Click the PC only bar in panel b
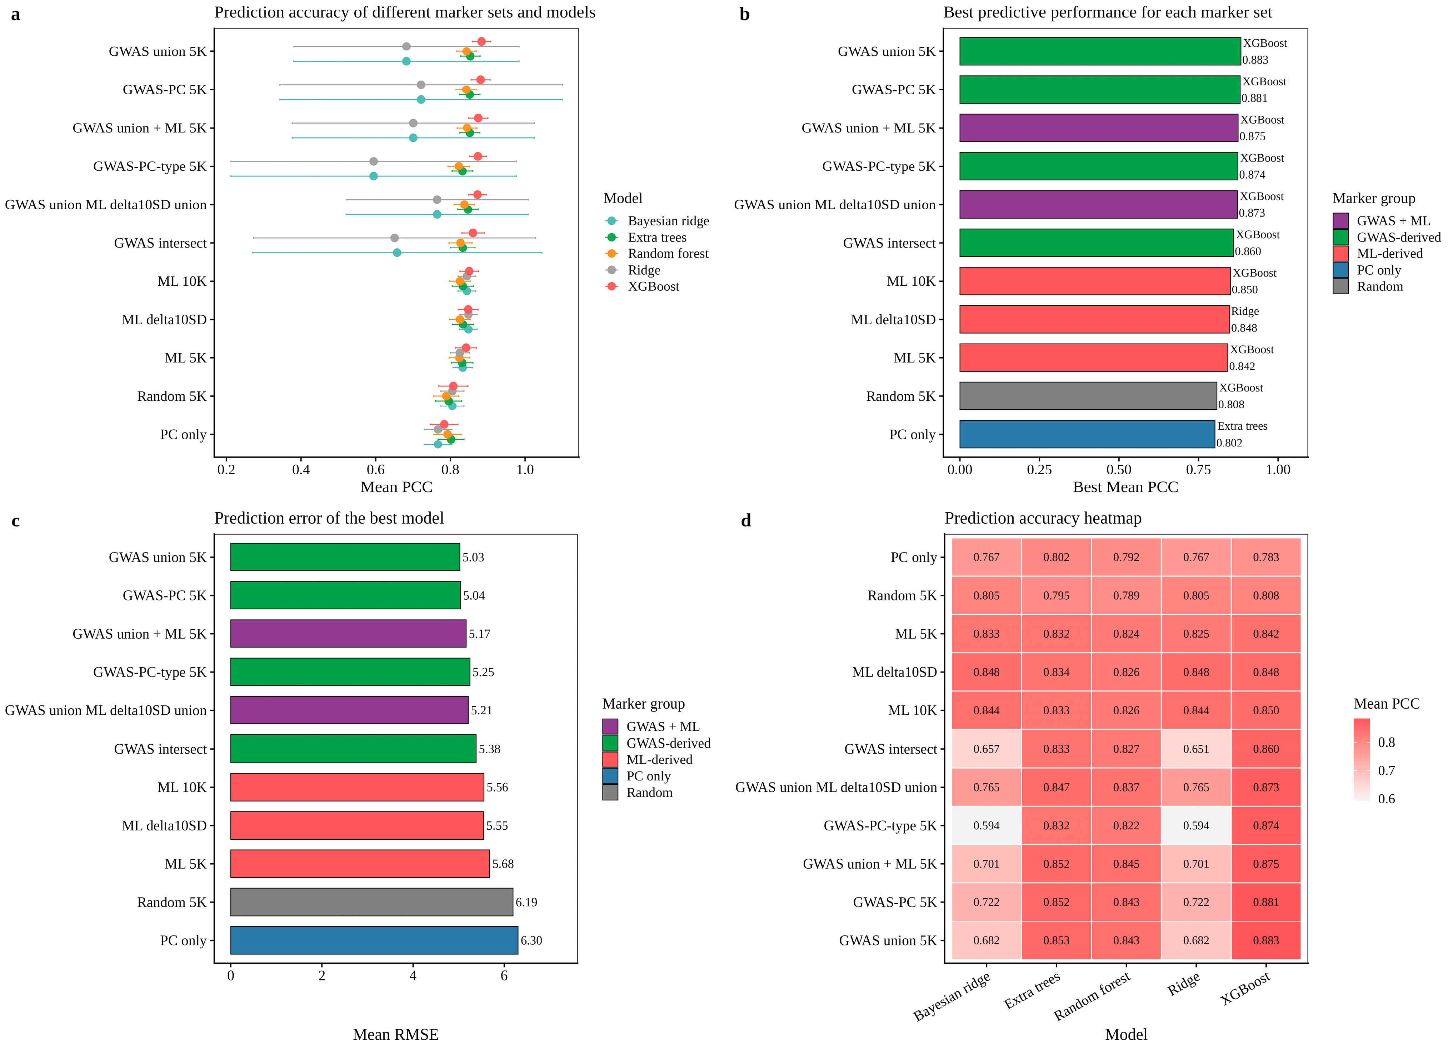pyautogui.click(x=1087, y=434)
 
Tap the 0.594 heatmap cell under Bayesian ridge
pyautogui.click(x=987, y=825)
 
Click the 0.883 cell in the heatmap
pyautogui.click(x=1266, y=940)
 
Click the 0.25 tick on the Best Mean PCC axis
pyautogui.click(x=1039, y=470)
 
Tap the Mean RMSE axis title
pyautogui.click(x=396, y=1034)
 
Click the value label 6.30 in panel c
pyautogui.click(x=531, y=940)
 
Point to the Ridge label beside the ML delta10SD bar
pyautogui.click(x=1245, y=311)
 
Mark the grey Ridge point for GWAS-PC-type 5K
pyautogui.click(x=374, y=161)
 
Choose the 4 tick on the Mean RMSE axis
pyautogui.click(x=413, y=975)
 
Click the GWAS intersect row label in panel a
pyautogui.click(x=160, y=243)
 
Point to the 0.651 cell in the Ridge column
pyautogui.click(x=1196, y=749)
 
